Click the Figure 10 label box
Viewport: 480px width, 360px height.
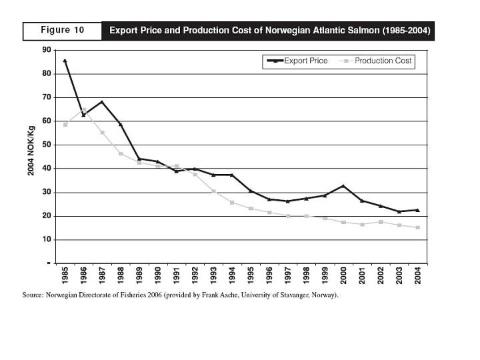pyautogui.click(x=62, y=31)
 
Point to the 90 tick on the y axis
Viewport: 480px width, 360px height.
pyautogui.click(x=47, y=50)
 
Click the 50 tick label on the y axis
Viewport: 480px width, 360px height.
pyautogui.click(x=47, y=145)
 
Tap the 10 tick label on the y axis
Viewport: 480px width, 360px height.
pyautogui.click(x=47, y=239)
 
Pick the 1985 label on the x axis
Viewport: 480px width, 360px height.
pyautogui.click(x=65, y=276)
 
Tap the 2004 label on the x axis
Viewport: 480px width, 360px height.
pyautogui.click(x=418, y=276)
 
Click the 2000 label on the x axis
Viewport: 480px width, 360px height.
pyautogui.click(x=343, y=276)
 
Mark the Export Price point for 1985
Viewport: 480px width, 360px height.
pyautogui.click(x=65, y=61)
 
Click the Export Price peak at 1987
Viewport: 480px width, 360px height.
pyautogui.click(x=102, y=102)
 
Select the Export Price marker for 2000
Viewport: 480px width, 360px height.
pyautogui.click(x=343, y=186)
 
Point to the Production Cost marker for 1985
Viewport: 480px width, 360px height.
pyautogui.click(x=65, y=125)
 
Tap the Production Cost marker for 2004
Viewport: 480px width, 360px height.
pyautogui.click(x=418, y=227)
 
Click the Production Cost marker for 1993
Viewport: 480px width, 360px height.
pyautogui.click(x=213, y=191)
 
